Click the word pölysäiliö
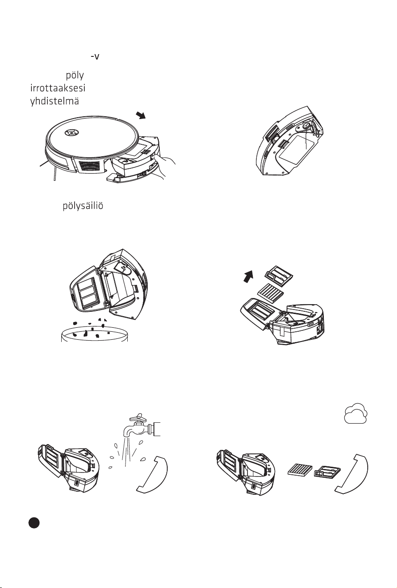[83, 206]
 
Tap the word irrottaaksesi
[58, 88]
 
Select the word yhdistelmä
[55, 101]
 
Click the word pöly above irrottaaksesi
[75, 75]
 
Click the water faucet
[142, 425]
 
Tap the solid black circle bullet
[34, 522]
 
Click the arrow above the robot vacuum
[141, 115]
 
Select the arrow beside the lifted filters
[248, 276]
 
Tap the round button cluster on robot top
[71, 132]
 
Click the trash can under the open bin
[94, 334]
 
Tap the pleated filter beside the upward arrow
[270, 292]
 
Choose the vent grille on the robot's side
[90, 166]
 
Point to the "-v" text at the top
[95, 57]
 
